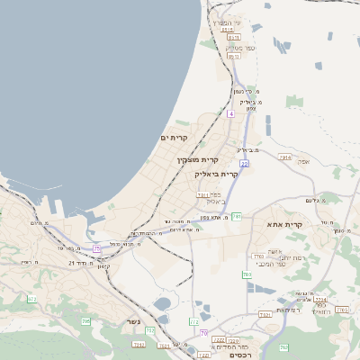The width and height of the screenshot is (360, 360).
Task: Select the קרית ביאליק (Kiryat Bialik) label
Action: pyautogui.click(x=216, y=174)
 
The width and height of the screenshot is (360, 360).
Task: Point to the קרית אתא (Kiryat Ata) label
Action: pyautogui.click(x=284, y=224)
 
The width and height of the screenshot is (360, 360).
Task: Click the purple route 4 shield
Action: pyautogui.click(x=230, y=114)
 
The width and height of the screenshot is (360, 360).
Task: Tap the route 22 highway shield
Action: pyautogui.click(x=244, y=164)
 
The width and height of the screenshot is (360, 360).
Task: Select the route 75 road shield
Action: pyautogui.click(x=96, y=247)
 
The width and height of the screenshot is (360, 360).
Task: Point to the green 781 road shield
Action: pyautogui.click(x=237, y=216)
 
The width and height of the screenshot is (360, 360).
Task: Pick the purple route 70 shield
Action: pyautogui.click(x=204, y=332)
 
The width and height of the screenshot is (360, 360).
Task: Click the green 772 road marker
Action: pyautogui.click(x=193, y=321)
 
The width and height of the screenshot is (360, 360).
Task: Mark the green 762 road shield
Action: pyautogui.click(x=283, y=347)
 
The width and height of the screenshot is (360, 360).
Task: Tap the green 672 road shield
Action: pyautogui.click(x=32, y=299)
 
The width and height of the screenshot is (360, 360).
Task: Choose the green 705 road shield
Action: pyautogui.click(x=85, y=321)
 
